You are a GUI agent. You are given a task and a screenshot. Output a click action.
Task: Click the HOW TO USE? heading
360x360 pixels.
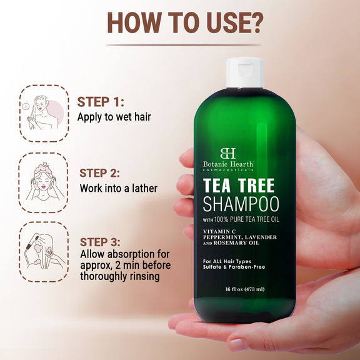pos(184,21)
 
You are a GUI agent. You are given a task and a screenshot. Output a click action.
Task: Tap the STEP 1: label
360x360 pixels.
pos(101,102)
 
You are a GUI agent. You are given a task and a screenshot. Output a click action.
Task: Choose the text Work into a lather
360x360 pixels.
pos(119,188)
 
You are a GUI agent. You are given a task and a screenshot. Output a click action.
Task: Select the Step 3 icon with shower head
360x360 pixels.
pos(42,249)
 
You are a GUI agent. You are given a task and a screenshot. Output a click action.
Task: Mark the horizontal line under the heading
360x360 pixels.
pos(184,44)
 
